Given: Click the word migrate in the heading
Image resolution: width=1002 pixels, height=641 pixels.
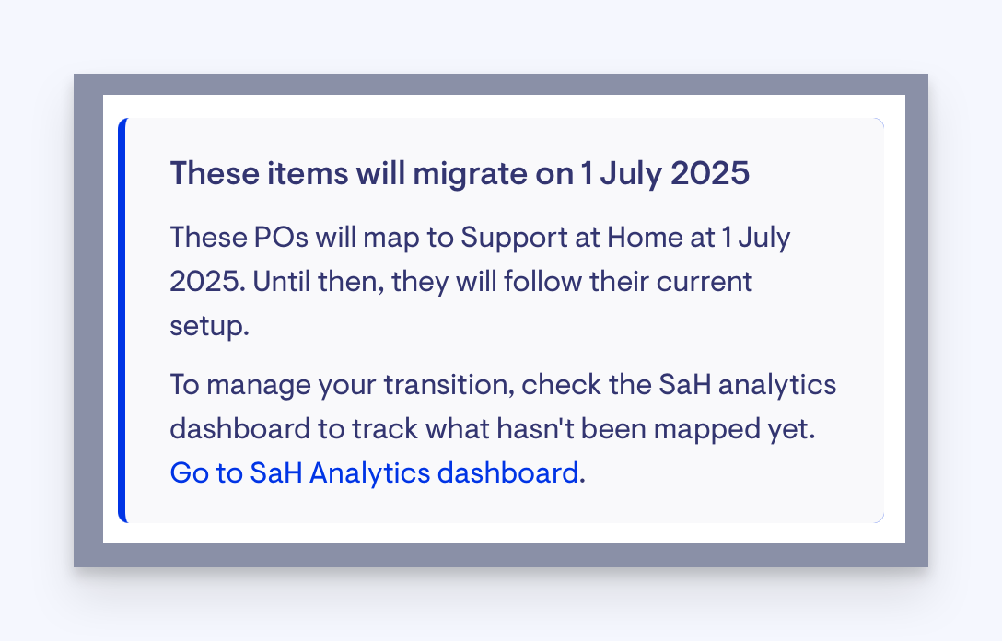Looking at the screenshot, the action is click(470, 174).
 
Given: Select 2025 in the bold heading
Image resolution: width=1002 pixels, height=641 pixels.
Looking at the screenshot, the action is click(710, 173).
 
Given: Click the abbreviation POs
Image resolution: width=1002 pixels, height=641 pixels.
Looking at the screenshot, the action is click(281, 238).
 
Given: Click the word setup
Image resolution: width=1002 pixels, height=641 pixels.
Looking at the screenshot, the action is click(209, 327).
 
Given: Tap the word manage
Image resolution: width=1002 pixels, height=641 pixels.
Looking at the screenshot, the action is click(259, 386).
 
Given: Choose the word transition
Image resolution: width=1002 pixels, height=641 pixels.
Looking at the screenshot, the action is click(452, 385).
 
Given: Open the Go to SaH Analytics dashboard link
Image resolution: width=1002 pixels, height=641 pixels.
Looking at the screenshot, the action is click(374, 473).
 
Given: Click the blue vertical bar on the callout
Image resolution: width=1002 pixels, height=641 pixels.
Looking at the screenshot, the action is click(122, 320).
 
